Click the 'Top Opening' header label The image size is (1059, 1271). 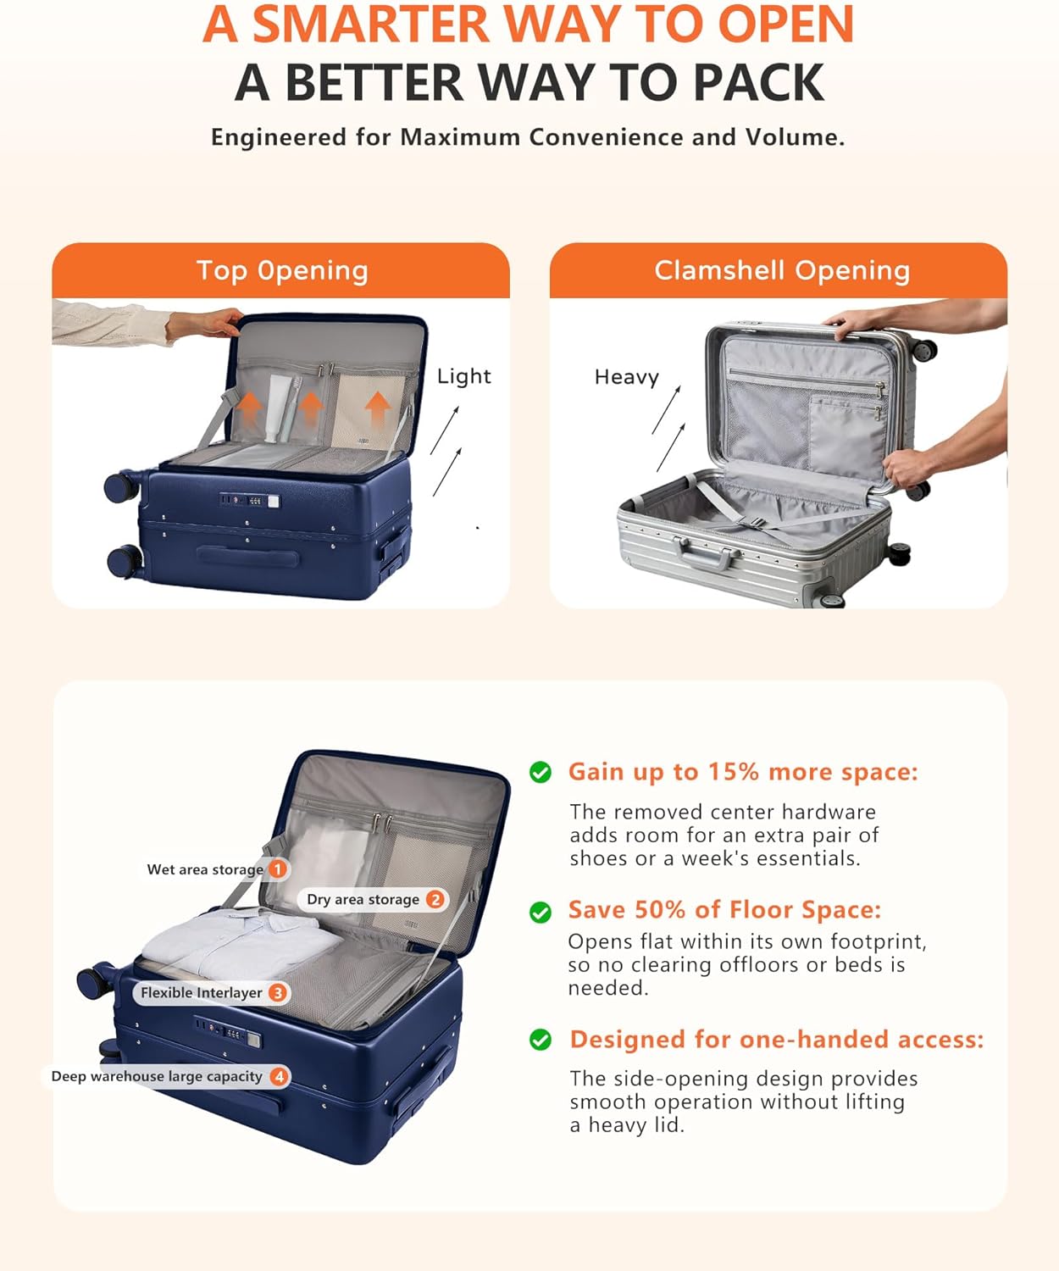point(282,271)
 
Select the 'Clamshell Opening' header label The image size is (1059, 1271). point(782,271)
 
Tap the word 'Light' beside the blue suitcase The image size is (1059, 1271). point(463,377)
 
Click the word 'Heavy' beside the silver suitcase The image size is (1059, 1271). point(627,377)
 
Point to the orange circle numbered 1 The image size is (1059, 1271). point(278,869)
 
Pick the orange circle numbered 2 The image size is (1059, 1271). point(435,899)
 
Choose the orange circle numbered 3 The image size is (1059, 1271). point(278,993)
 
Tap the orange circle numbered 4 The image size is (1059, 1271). point(279,1076)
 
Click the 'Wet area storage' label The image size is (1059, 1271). point(205,869)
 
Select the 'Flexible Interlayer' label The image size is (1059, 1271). point(202,993)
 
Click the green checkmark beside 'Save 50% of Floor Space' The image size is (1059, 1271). point(540,912)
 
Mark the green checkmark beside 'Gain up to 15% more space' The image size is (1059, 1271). point(540,772)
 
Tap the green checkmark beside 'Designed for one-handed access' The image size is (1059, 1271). point(540,1040)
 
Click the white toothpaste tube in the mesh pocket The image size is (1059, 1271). point(277,406)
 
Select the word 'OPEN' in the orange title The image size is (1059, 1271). point(785,25)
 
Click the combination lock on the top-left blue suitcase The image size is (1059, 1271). point(250,501)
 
